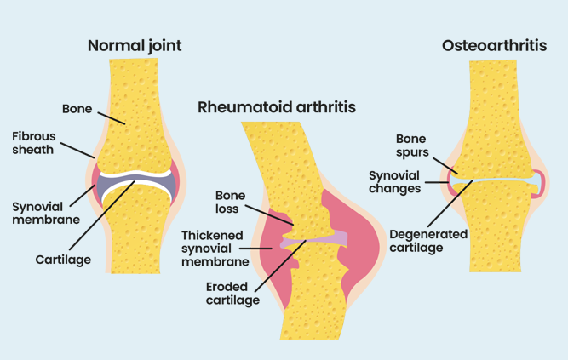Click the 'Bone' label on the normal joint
77,110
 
